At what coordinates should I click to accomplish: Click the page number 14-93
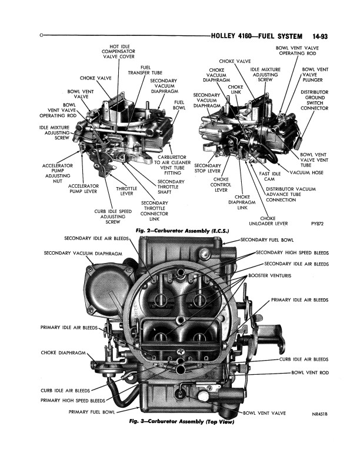click(316, 36)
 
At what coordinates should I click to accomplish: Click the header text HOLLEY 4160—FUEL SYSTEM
click(261, 36)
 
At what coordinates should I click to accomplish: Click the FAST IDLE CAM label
click(271, 177)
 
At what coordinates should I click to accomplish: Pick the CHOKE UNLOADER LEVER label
click(267, 221)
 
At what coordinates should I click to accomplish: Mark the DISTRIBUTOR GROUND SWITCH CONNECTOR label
click(314, 101)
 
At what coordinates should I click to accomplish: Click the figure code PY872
click(318, 224)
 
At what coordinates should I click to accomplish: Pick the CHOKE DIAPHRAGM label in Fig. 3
click(64, 353)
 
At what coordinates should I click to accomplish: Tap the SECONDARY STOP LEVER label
click(206, 169)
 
